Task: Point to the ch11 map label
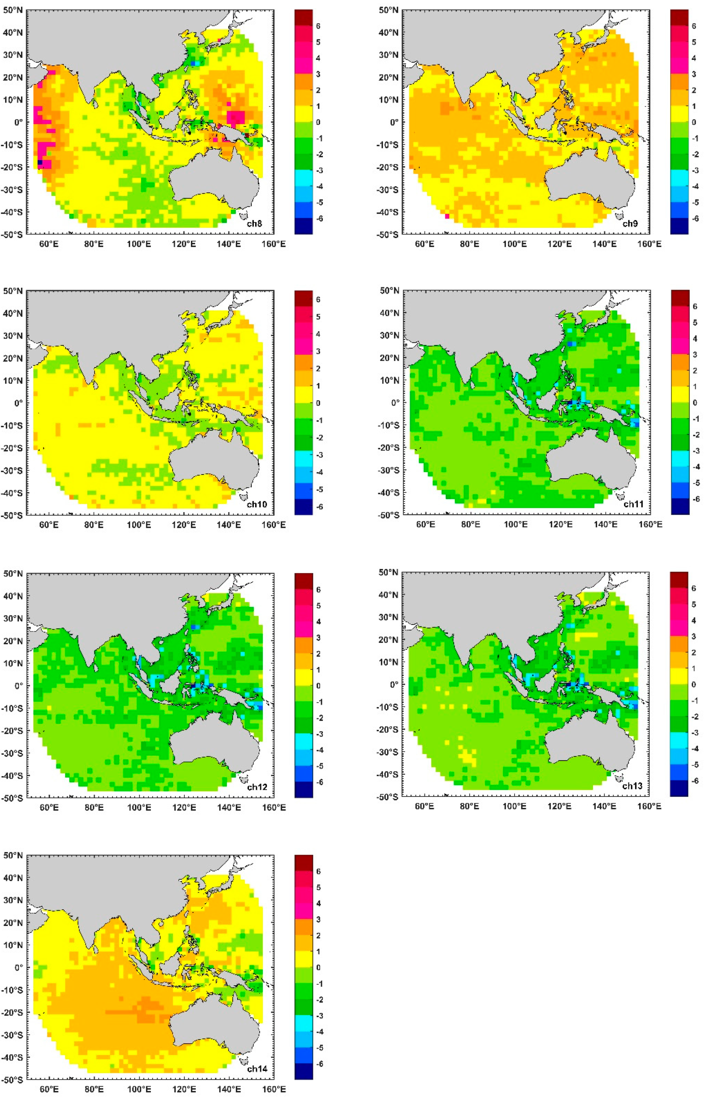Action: coord(633,504)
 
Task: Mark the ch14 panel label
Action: coord(257,1069)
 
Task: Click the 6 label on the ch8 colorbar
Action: coord(318,26)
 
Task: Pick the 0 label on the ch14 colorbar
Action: coord(318,967)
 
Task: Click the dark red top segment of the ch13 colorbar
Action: coord(679,580)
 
